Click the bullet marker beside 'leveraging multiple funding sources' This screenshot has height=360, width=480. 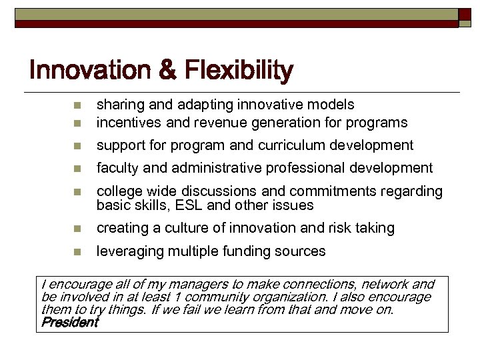pyautogui.click(x=77, y=252)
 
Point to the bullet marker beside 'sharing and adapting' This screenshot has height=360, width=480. pyautogui.click(x=77, y=105)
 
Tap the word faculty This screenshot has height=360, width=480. pyautogui.click(x=117, y=168)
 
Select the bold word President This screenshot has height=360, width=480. pyautogui.click(x=69, y=323)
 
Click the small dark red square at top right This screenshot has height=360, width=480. pyautogui.click(x=465, y=14)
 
